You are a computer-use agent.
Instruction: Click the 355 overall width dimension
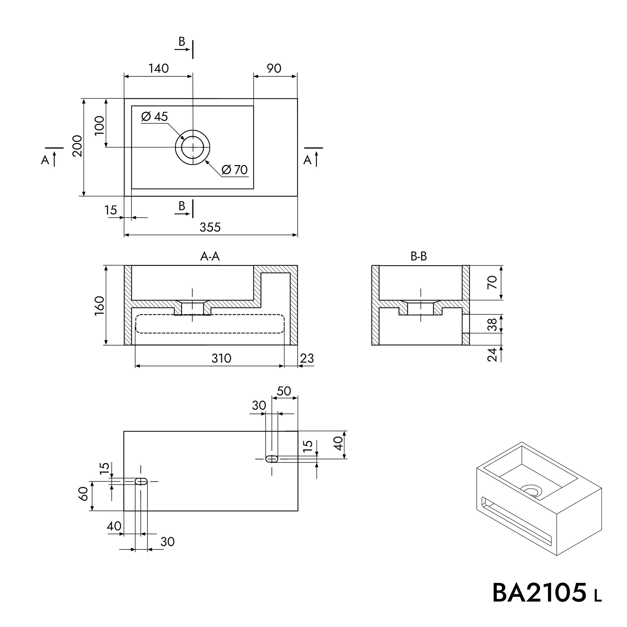click(210, 227)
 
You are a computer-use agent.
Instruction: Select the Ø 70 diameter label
click(235, 170)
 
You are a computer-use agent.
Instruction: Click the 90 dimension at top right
click(274, 68)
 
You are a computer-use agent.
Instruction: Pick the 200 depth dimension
click(77, 146)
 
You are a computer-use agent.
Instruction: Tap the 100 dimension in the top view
click(99, 125)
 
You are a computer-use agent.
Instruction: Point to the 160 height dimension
click(99, 305)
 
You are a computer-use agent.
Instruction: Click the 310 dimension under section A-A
click(221, 359)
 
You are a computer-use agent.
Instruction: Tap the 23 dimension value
click(307, 359)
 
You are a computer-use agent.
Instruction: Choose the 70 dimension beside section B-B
click(492, 282)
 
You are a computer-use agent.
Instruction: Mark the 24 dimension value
click(492, 354)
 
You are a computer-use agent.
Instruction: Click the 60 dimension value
click(84, 494)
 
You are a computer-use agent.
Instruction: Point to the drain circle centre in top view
click(193, 147)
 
